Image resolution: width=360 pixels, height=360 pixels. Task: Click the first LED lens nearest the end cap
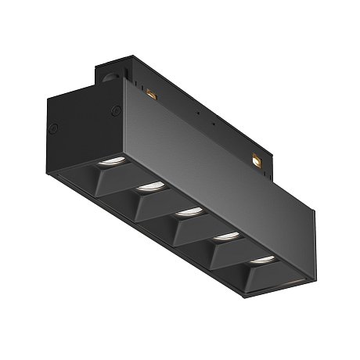pos(108,162)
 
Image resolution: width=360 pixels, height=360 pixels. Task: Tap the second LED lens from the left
pos(146,187)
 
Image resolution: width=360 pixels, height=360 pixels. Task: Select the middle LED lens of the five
pos(185,211)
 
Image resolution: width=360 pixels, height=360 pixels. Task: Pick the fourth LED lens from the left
pos(225,235)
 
